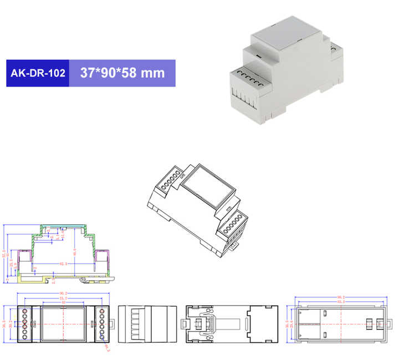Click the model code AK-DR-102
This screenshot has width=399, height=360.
click(38, 73)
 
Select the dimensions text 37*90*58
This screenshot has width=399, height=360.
click(108, 73)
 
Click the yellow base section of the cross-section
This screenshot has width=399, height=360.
click(61, 277)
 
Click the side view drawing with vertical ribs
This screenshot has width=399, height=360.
click(146, 323)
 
